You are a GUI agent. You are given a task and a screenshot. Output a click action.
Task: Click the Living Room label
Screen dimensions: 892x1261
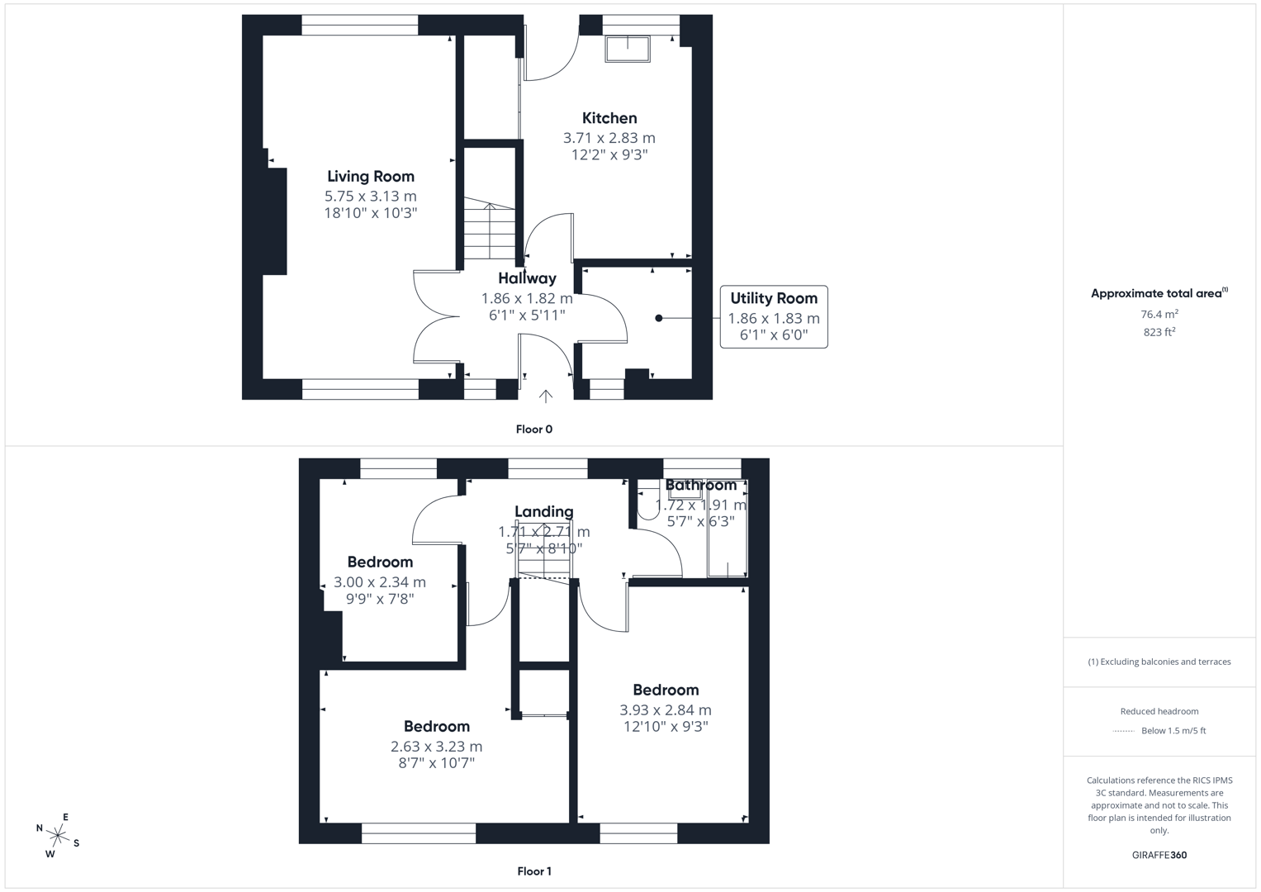tap(370, 176)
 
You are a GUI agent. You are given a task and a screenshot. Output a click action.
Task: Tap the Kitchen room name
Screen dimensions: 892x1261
tap(609, 118)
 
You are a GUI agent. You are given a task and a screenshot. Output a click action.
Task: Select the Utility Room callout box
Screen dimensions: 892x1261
tap(773, 316)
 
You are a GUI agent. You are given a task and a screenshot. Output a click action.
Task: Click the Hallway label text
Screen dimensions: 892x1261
tap(527, 278)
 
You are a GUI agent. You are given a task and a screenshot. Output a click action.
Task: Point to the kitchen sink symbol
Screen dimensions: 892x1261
tap(628, 49)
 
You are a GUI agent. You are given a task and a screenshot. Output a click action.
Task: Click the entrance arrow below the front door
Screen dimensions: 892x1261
tap(546, 396)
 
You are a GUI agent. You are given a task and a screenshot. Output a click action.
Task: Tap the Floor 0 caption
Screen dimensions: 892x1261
tap(533, 429)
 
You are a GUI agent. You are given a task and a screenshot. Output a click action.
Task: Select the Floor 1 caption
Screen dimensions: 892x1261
tap(533, 871)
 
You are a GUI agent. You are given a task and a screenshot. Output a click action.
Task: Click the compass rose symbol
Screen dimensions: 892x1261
tap(58, 835)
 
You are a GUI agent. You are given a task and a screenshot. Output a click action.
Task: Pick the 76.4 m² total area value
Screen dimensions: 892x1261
tap(1159, 314)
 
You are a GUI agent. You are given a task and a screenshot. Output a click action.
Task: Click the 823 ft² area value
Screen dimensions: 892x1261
tap(1159, 332)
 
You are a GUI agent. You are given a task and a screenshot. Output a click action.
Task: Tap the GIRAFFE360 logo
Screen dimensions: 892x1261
tap(1159, 855)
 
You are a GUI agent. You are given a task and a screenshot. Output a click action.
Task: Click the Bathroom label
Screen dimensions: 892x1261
tap(700, 485)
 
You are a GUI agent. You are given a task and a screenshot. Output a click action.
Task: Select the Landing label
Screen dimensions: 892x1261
tap(543, 511)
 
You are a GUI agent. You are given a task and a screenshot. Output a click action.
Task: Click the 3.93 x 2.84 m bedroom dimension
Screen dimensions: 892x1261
tap(666, 709)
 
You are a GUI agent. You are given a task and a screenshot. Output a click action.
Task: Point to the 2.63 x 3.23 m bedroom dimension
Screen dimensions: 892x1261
tap(436, 746)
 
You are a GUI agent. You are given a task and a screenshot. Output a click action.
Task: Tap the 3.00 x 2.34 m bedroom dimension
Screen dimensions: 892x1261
tap(380, 582)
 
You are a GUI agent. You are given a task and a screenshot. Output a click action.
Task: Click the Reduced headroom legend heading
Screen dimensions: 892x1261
tap(1159, 711)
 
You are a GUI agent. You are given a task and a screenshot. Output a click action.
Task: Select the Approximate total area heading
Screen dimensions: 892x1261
tap(1159, 293)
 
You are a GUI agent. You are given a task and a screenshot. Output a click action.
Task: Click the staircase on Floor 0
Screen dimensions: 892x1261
tap(490, 231)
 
